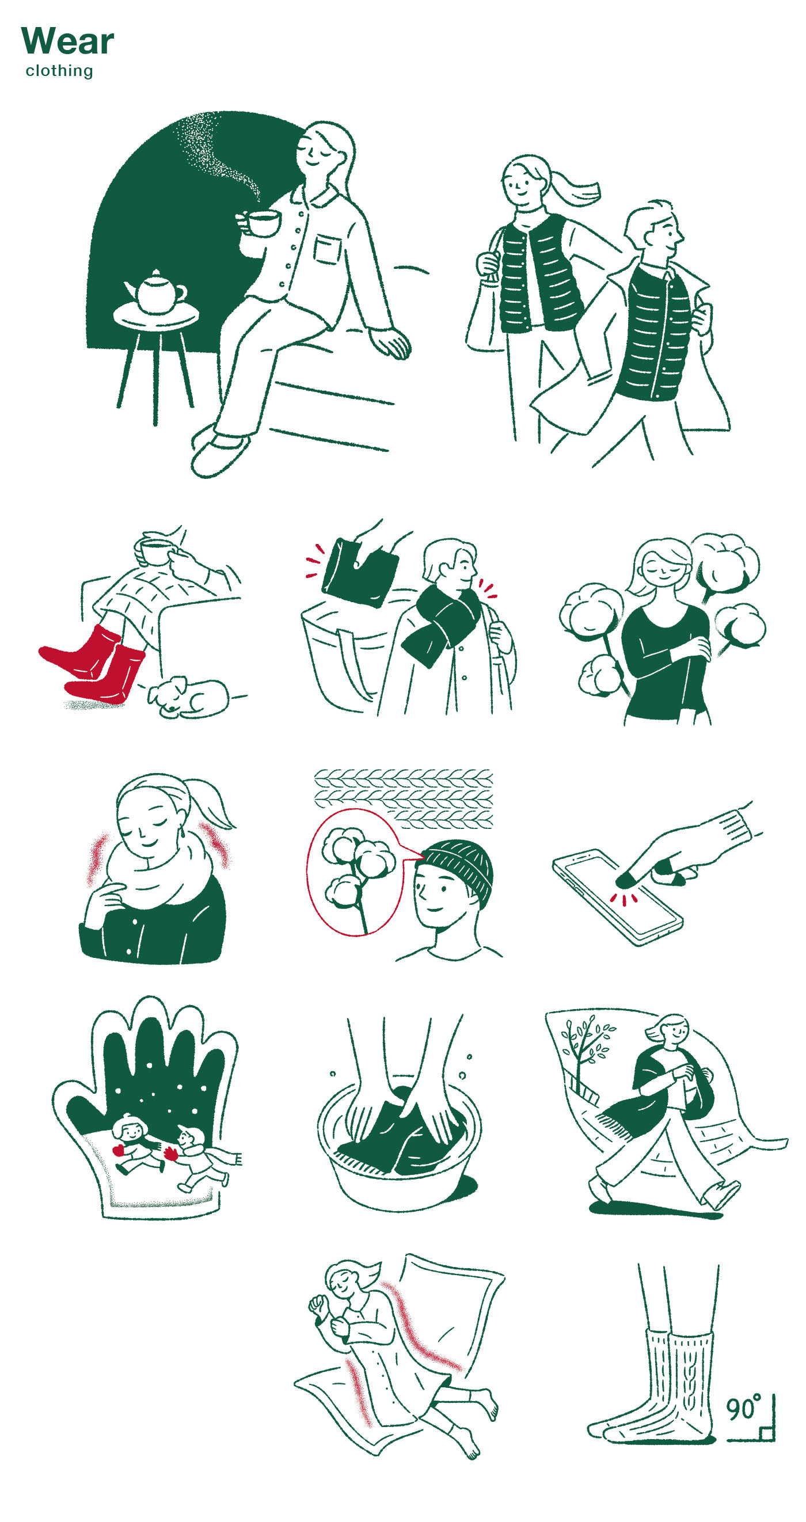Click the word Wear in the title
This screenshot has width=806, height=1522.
coord(67,41)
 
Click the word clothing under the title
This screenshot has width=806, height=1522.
coord(59,70)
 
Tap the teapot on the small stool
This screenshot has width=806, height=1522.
coord(155,291)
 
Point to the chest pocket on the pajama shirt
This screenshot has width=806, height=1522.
coord(328,249)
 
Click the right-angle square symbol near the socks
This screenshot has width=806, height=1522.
coord(766,1433)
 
